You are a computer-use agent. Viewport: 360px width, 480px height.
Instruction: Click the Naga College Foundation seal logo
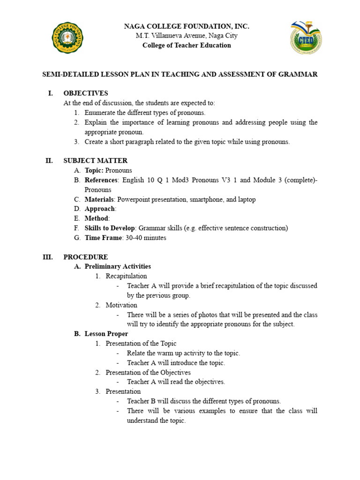coord(68,37)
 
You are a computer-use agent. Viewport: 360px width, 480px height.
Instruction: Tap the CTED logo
coord(306,37)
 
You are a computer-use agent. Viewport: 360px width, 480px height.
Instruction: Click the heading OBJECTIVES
coord(86,93)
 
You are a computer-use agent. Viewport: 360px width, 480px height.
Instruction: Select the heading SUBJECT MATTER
coord(95,161)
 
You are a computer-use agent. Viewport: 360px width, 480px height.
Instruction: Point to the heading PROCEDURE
coord(86,257)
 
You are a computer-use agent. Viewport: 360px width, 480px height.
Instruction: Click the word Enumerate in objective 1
coord(101,112)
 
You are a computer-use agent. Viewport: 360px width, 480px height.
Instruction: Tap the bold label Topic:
coord(94,171)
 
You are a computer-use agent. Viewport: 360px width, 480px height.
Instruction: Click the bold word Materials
coord(99,199)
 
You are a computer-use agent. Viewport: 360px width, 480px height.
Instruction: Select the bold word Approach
coord(99,209)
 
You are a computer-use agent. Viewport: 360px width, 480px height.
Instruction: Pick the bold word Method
coord(97,218)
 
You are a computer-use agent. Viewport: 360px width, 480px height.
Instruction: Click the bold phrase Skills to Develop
coord(110,228)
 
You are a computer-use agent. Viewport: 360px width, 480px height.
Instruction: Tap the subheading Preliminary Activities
coord(118,267)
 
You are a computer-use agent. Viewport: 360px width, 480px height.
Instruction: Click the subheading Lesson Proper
coord(106,334)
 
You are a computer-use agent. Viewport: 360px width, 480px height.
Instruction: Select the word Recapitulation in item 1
coord(126,276)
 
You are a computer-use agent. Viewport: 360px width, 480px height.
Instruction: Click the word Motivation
coord(121,305)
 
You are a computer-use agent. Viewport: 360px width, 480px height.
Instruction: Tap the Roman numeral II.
coord(49,161)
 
